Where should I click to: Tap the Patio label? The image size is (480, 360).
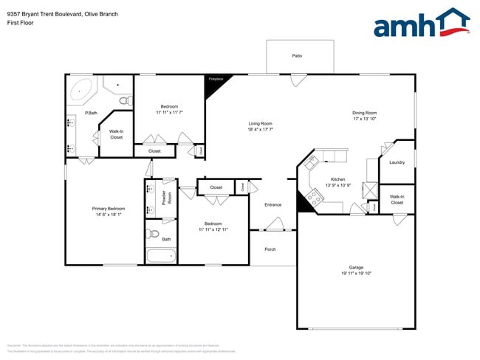[x=297, y=55]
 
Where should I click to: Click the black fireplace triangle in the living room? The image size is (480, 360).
[x=214, y=85]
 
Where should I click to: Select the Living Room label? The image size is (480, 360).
[x=260, y=123]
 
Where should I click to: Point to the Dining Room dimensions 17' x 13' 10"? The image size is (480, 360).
[x=365, y=119]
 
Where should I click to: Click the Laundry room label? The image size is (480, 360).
[x=397, y=162]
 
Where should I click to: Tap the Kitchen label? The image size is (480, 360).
[x=337, y=179]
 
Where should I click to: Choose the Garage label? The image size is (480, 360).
[x=356, y=267]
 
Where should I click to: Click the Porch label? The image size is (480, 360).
[x=270, y=249]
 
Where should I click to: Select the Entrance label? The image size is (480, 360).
[x=273, y=204]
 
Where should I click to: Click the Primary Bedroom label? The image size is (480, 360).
[x=109, y=209]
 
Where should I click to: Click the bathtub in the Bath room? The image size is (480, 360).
[x=161, y=257]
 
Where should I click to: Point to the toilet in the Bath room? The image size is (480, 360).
[x=153, y=235]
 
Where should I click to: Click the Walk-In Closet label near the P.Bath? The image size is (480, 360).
[x=116, y=134]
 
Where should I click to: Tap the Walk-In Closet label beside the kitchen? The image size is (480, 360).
[x=397, y=199]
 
